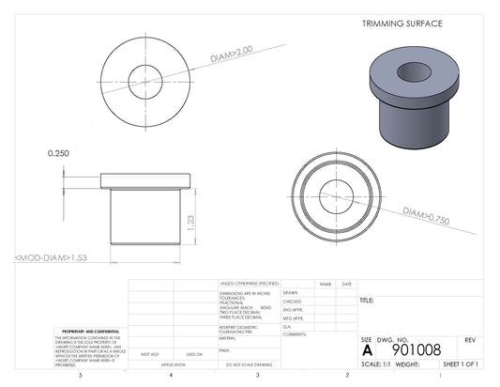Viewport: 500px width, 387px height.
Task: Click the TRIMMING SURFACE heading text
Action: click(402, 23)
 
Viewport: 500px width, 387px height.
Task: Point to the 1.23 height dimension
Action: click(190, 222)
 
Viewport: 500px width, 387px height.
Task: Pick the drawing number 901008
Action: click(416, 349)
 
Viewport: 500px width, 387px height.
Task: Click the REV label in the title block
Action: click(470, 338)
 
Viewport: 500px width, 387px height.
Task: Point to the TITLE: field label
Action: click(367, 301)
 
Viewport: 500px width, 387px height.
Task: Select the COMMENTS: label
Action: click(295, 333)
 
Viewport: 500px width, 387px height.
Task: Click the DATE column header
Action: click(346, 284)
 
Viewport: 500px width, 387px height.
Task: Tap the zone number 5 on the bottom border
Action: click(82, 375)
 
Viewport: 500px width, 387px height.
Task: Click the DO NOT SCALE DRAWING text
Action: click(249, 364)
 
